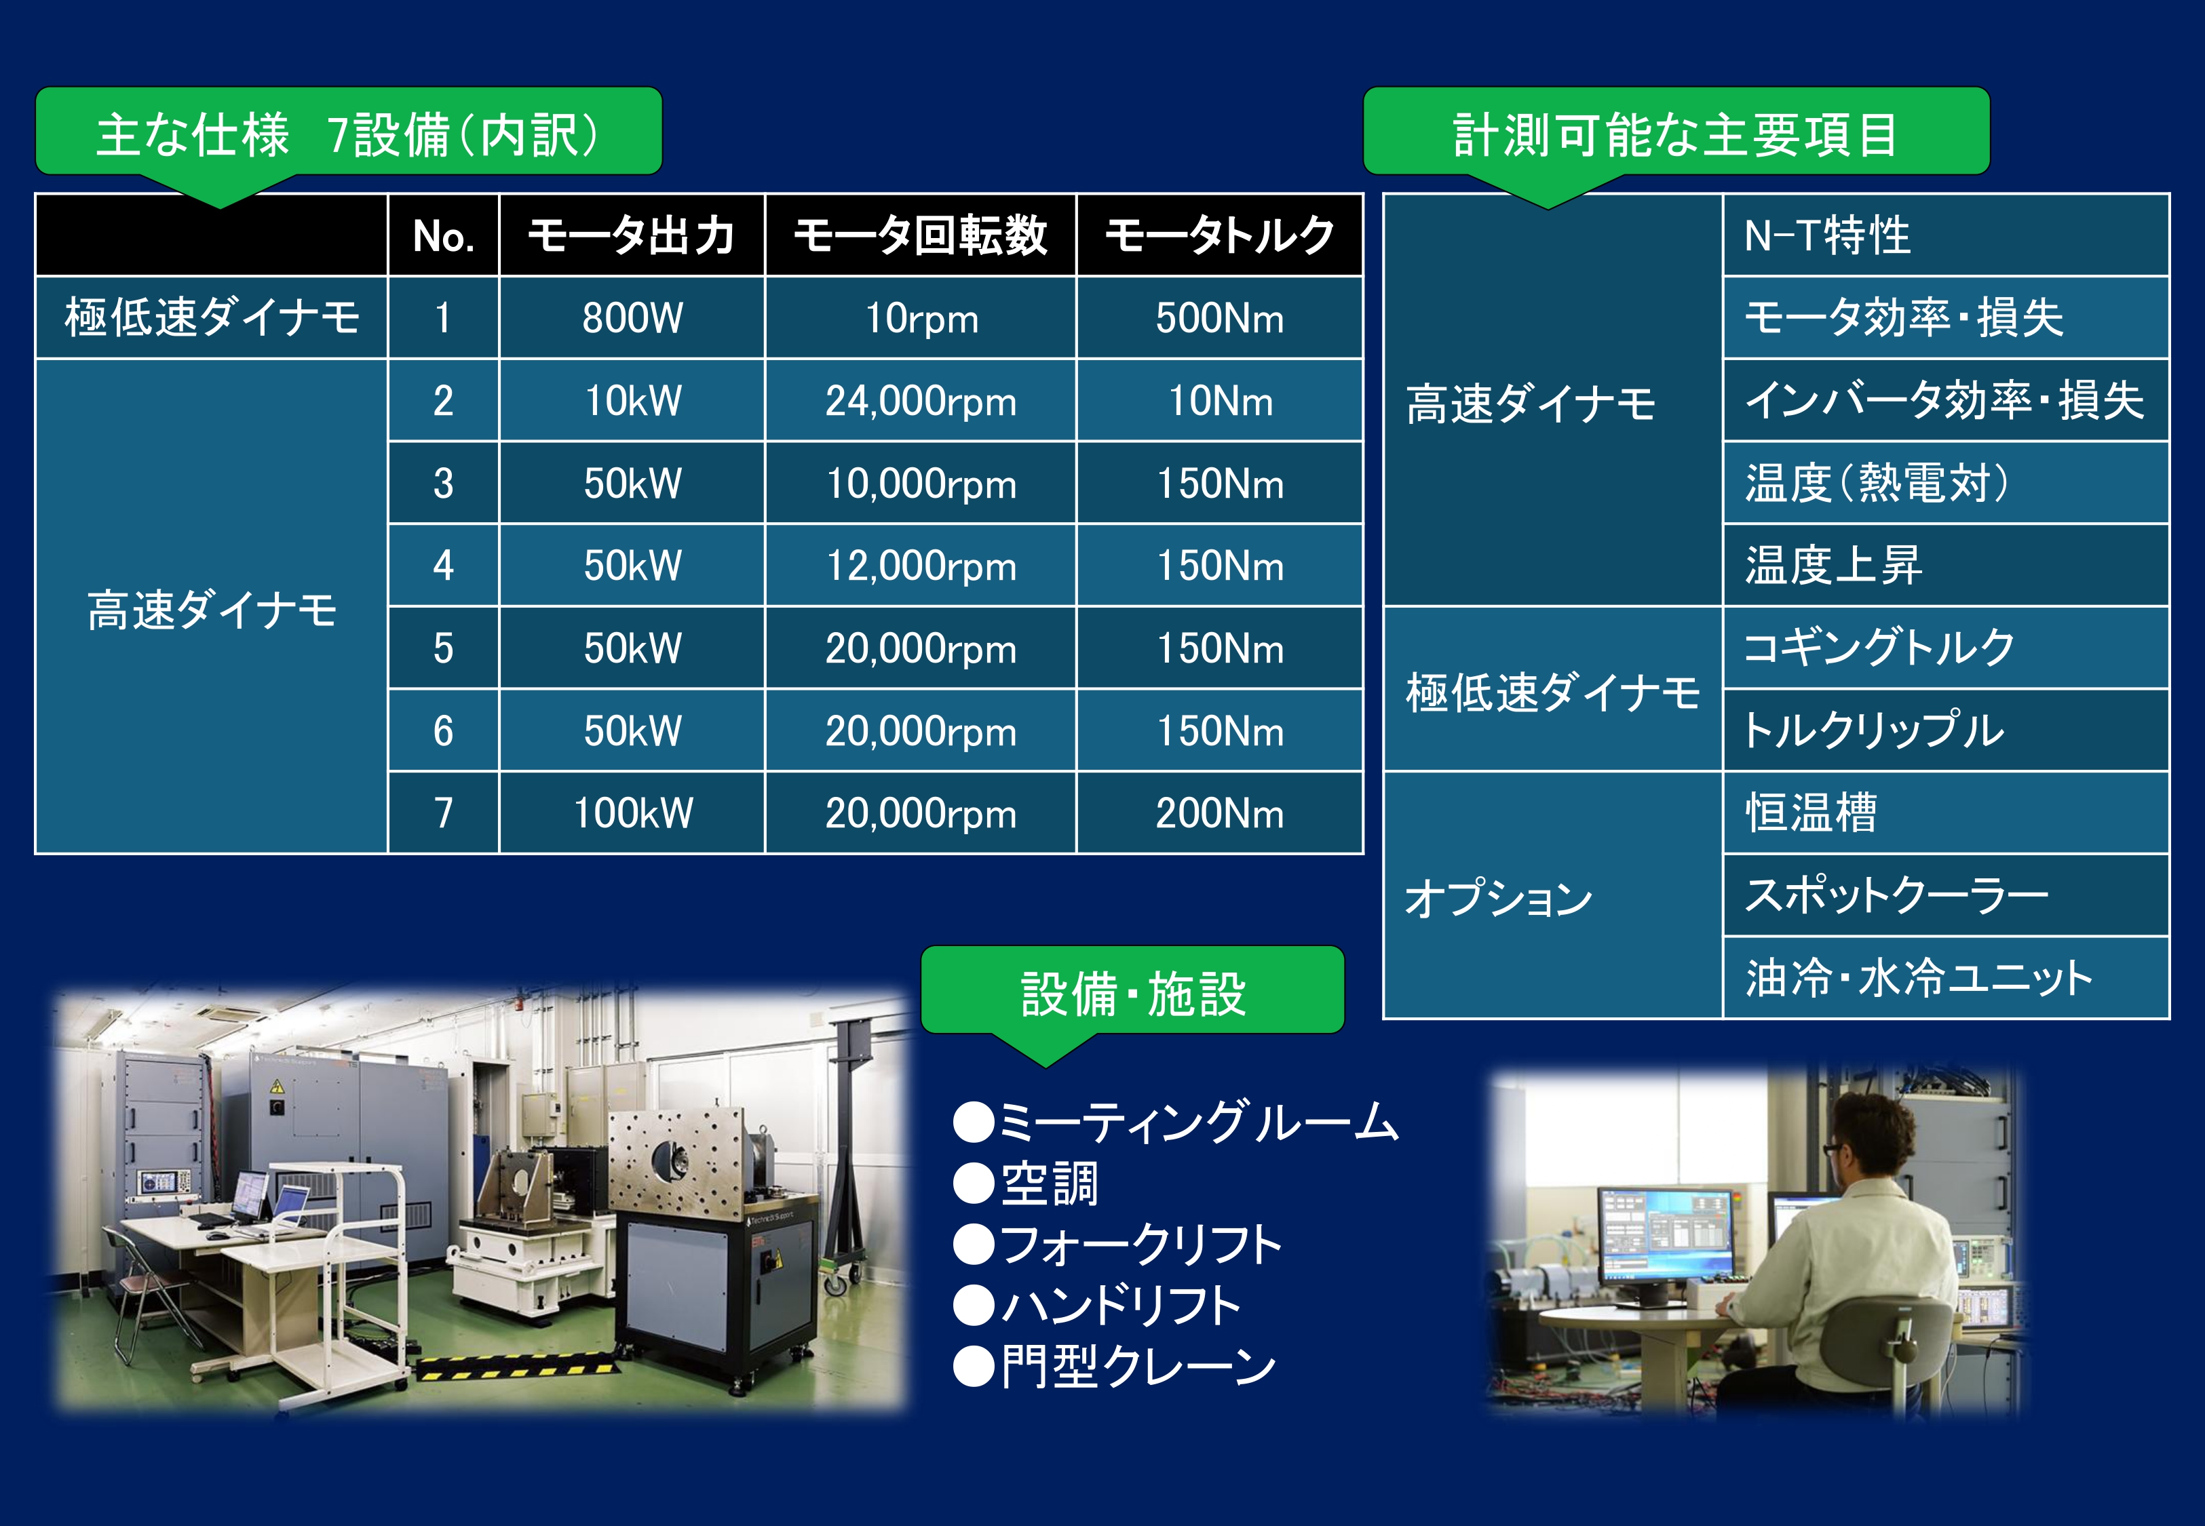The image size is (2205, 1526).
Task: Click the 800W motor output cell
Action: [632, 317]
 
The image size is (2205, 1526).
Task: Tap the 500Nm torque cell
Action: [1220, 317]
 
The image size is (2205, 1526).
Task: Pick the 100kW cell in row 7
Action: [632, 813]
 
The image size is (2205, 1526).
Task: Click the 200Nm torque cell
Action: [1220, 813]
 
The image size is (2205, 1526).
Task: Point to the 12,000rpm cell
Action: [921, 565]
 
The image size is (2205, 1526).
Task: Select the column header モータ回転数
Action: [921, 235]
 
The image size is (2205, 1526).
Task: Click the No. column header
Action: [444, 235]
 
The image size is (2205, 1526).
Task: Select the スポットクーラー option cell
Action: [1946, 895]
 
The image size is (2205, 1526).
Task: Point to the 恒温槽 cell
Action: [1946, 813]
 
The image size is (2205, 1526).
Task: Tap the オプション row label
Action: [1498, 897]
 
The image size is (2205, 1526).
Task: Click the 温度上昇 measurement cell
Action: [1946, 565]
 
